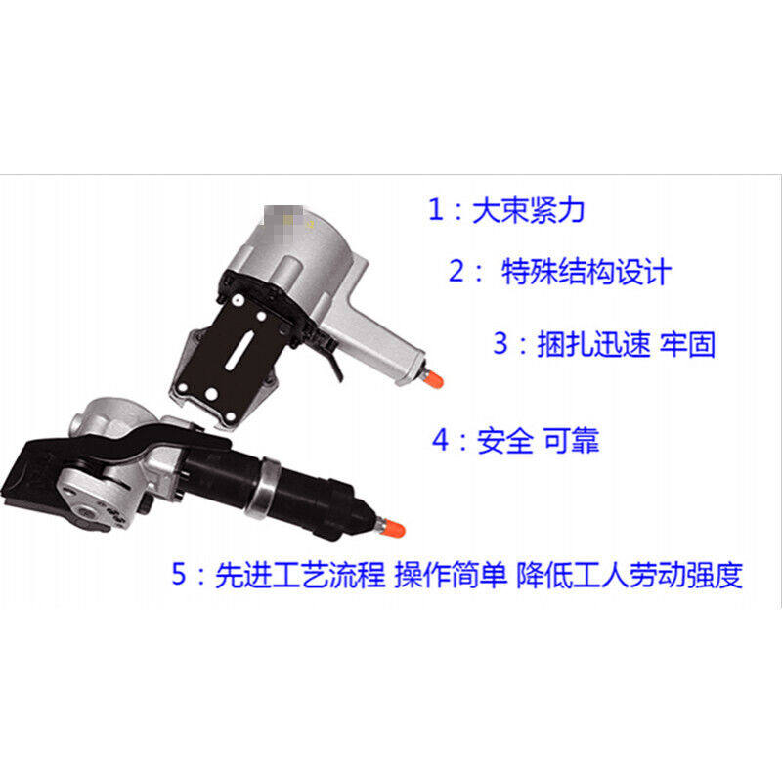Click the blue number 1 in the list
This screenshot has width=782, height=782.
[x=435, y=209]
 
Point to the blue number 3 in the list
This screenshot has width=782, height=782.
[x=501, y=344]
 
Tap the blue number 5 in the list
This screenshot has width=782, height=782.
[x=179, y=574]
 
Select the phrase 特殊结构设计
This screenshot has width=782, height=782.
[x=586, y=271]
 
